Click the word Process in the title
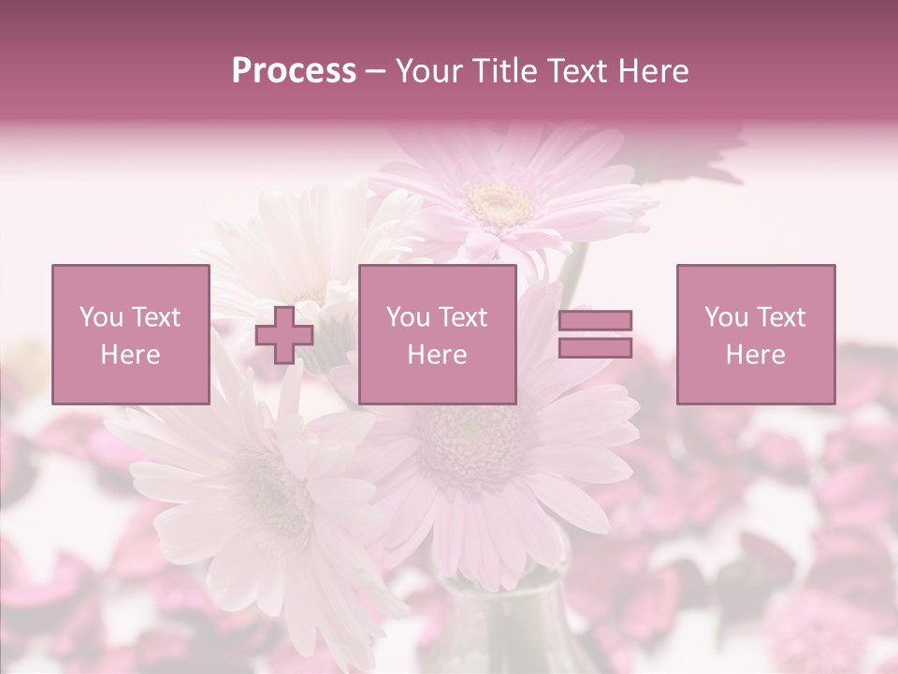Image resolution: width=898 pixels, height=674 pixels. pos(294,71)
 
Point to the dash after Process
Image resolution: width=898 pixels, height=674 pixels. pos(375,72)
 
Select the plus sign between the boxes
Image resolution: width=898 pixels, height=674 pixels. pos(284,335)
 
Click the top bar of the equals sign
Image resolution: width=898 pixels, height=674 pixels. pos(595,320)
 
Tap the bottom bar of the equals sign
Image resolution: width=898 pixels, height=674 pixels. pos(595,348)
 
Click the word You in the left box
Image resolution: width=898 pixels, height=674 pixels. pos(101,317)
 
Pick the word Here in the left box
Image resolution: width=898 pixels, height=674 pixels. pos(130,355)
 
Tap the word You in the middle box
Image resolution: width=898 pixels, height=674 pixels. pos(408,317)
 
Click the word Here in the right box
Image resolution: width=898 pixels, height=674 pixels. pos(755,355)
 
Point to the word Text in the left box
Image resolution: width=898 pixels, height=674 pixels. pos(155,317)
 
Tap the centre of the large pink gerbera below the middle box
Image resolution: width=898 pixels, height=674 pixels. pos(473,440)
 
